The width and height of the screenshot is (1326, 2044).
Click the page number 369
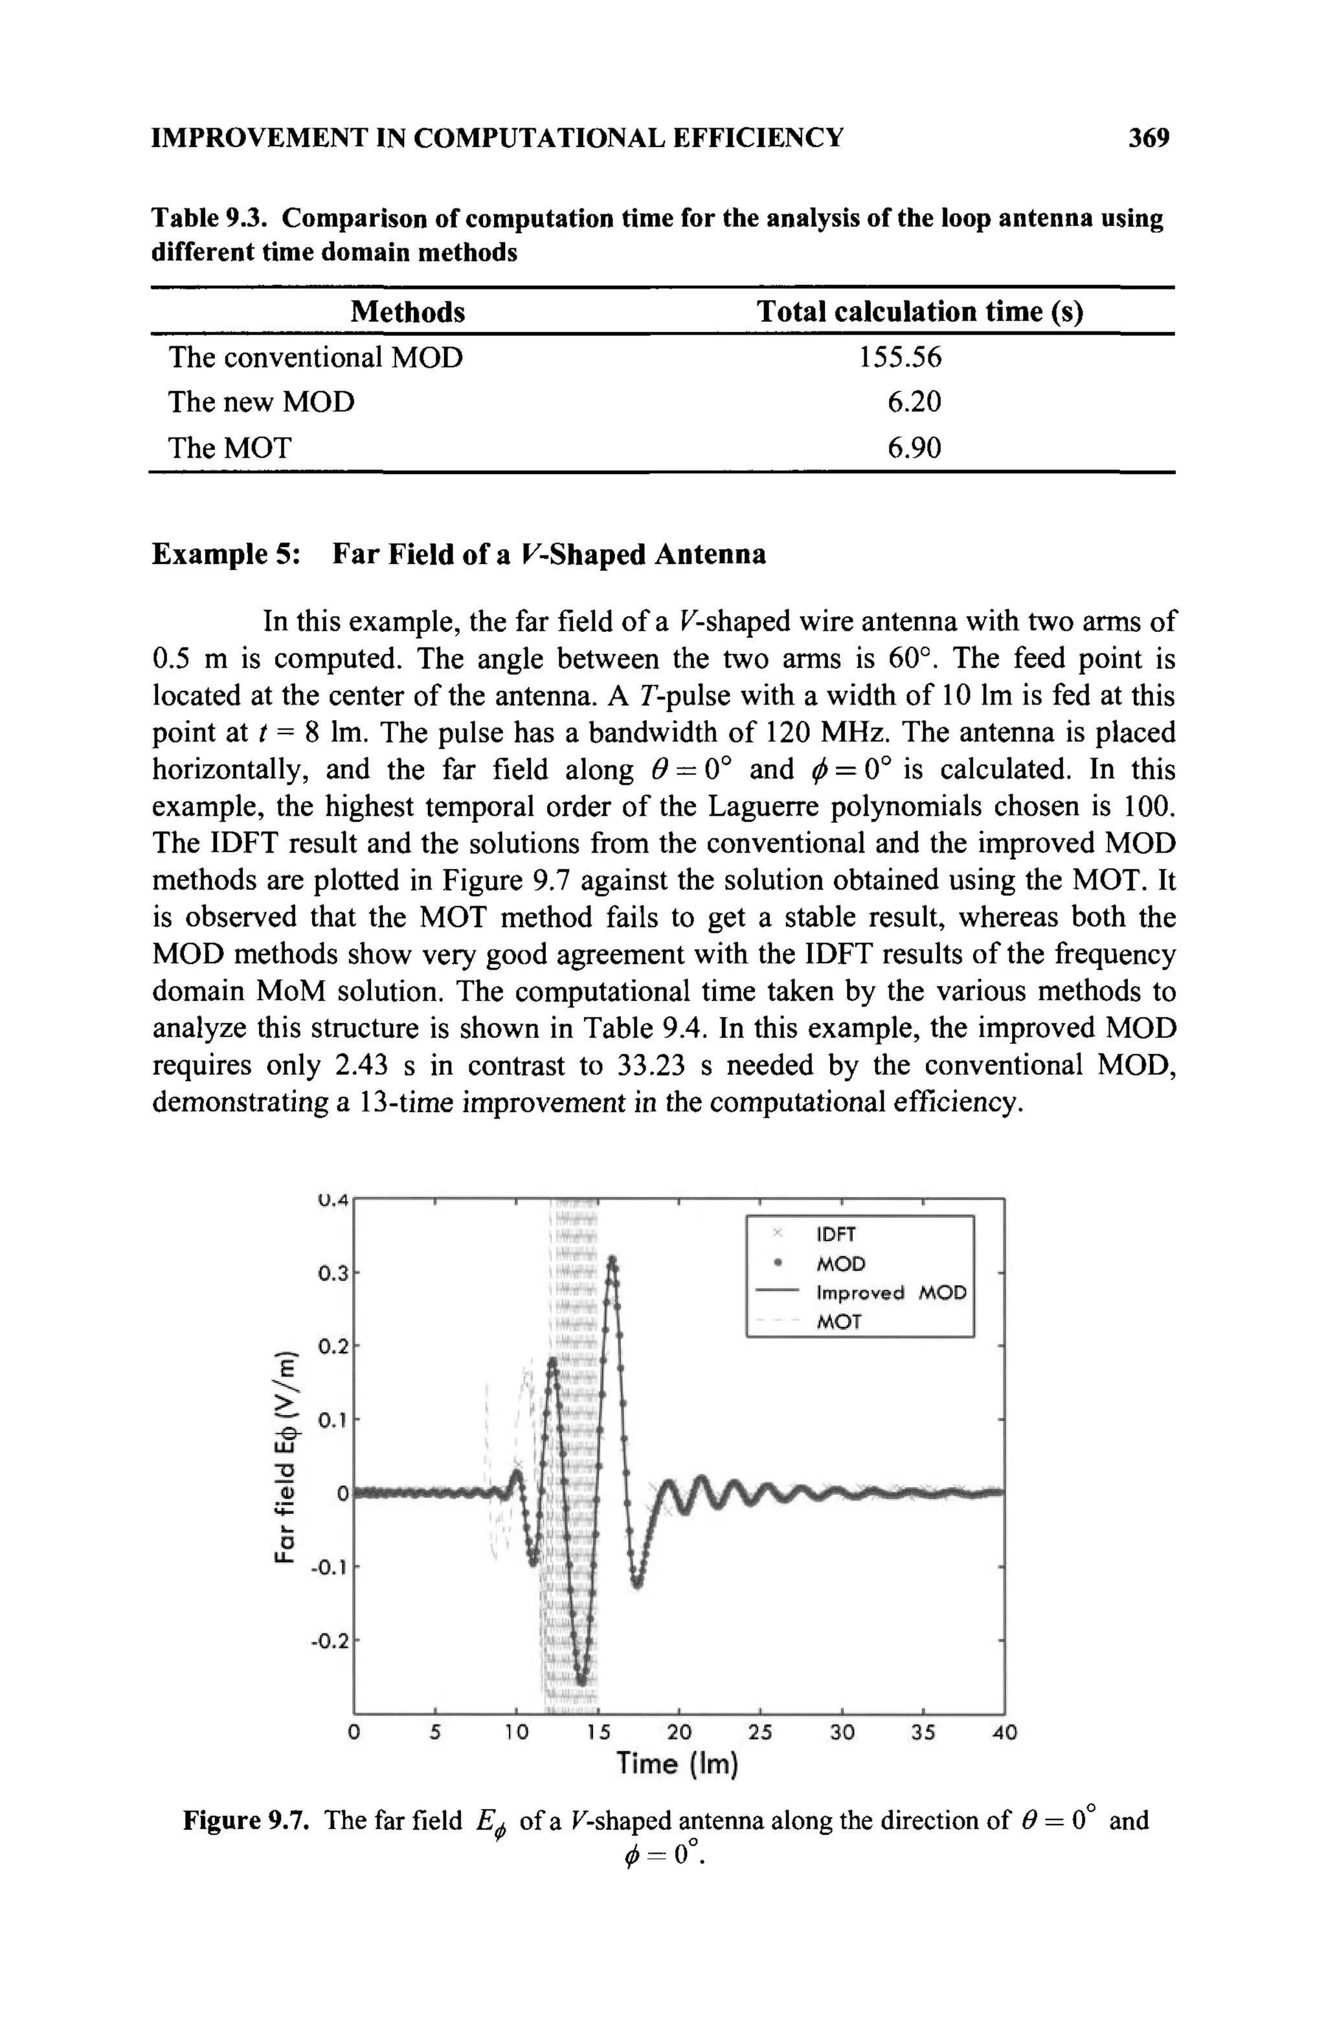tap(1149, 137)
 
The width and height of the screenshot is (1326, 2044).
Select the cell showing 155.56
tap(899, 357)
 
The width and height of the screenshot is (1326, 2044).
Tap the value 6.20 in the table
tap(914, 402)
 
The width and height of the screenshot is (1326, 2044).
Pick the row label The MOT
tap(230, 447)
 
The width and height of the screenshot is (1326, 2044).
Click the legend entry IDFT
tap(835, 1234)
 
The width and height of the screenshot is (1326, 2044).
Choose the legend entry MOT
tap(838, 1321)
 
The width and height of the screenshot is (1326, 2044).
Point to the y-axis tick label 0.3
tap(331, 1274)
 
